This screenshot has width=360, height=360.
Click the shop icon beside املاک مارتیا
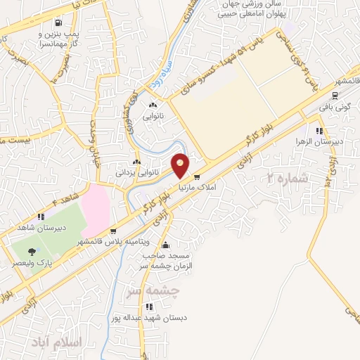pos(197,177)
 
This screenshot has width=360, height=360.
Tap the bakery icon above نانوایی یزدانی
pos(136,162)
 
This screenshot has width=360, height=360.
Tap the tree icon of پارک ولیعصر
pos(30,251)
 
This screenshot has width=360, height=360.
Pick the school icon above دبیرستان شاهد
pos(41,217)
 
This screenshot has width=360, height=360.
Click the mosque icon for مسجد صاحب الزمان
pos(165,245)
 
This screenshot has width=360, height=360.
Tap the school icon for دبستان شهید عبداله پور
pos(148,307)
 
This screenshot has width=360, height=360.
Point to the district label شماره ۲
pos(288,179)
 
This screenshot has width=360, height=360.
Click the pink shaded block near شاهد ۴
pos(96,203)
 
